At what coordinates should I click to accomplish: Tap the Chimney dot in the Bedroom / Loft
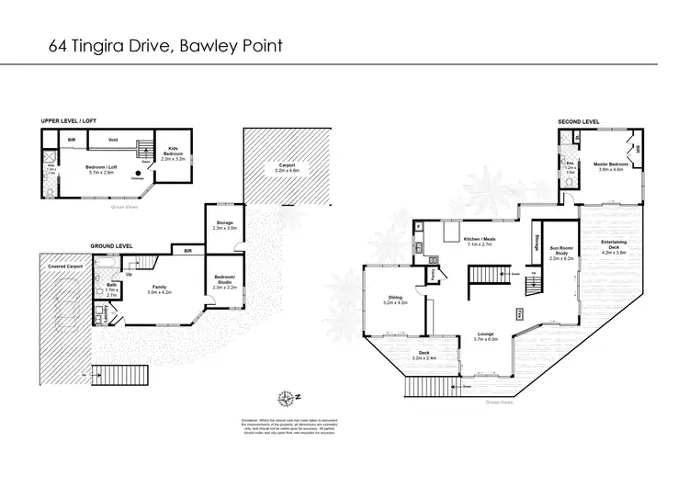(138, 172)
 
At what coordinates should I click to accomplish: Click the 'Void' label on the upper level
(112, 141)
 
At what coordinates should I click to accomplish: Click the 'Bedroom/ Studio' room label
(225, 281)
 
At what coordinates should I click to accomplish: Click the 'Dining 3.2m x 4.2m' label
(395, 300)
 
